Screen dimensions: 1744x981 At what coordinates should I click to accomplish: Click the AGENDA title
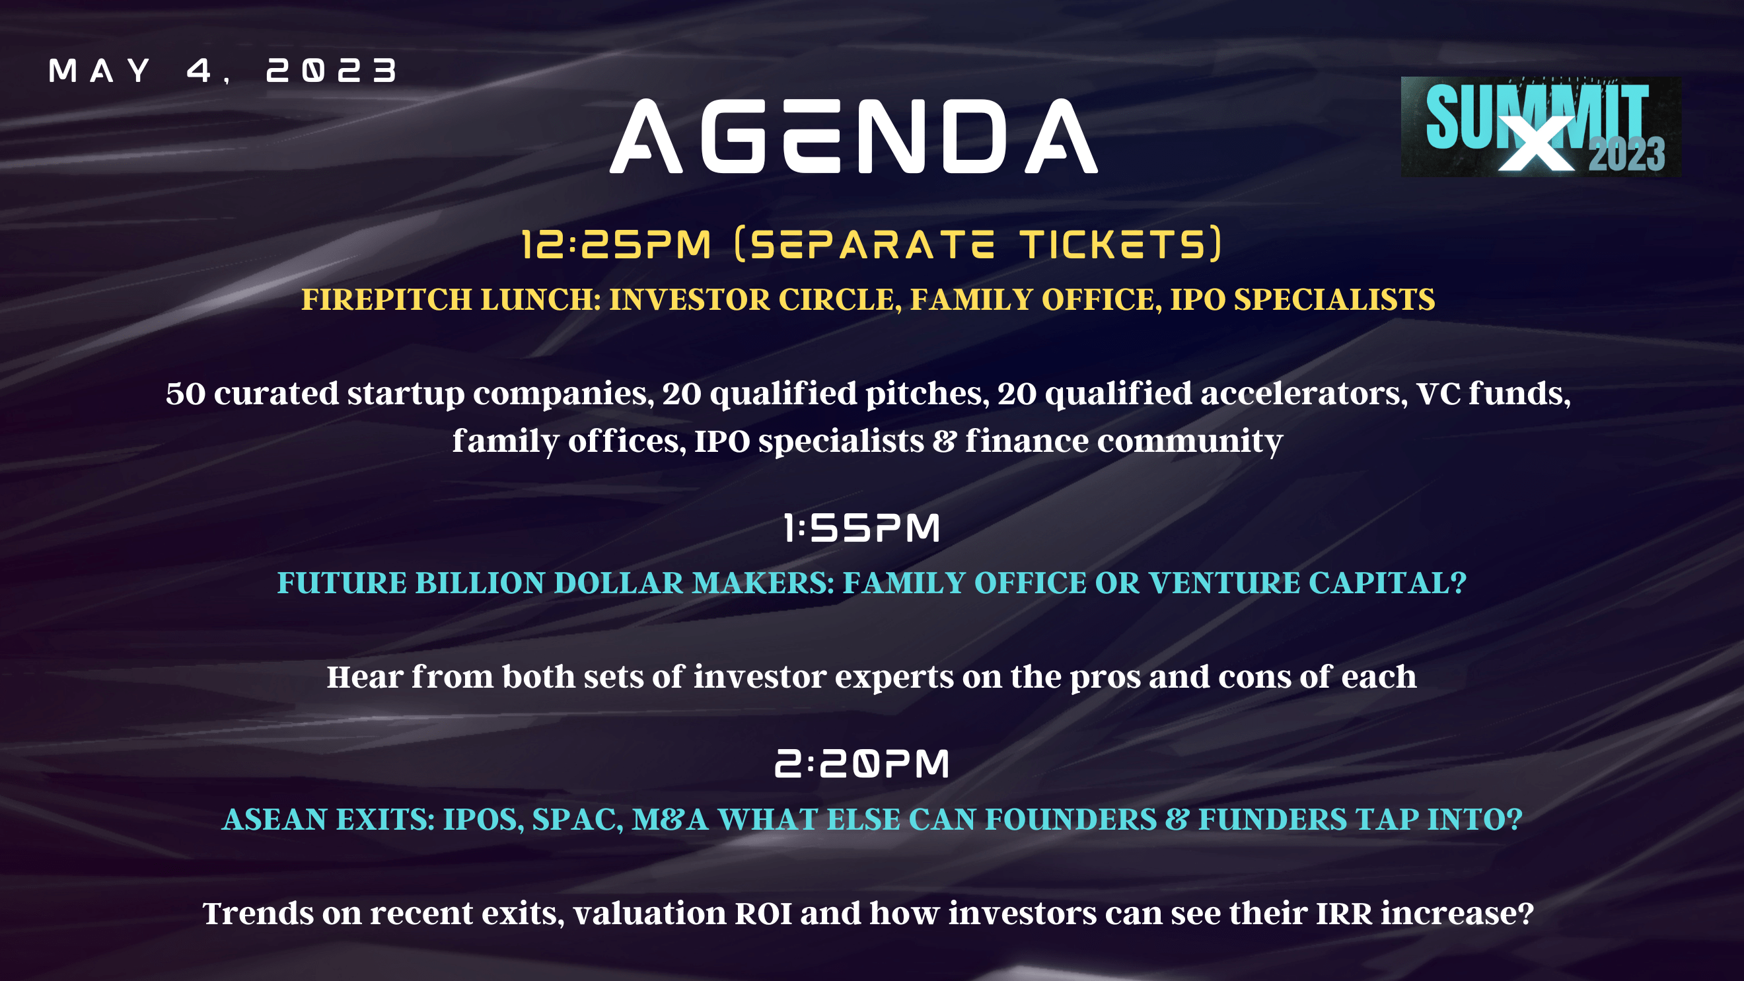click(x=854, y=136)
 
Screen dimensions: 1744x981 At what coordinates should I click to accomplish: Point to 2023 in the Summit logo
click(x=1627, y=155)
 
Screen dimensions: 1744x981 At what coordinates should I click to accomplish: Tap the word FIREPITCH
click(x=386, y=299)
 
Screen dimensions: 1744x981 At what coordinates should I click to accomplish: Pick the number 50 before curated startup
click(x=186, y=394)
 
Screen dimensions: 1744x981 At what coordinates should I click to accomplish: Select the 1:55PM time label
click(x=861, y=527)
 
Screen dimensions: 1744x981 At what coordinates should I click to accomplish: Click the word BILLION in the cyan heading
click(x=480, y=583)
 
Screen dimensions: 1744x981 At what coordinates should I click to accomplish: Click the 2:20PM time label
click(x=862, y=764)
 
